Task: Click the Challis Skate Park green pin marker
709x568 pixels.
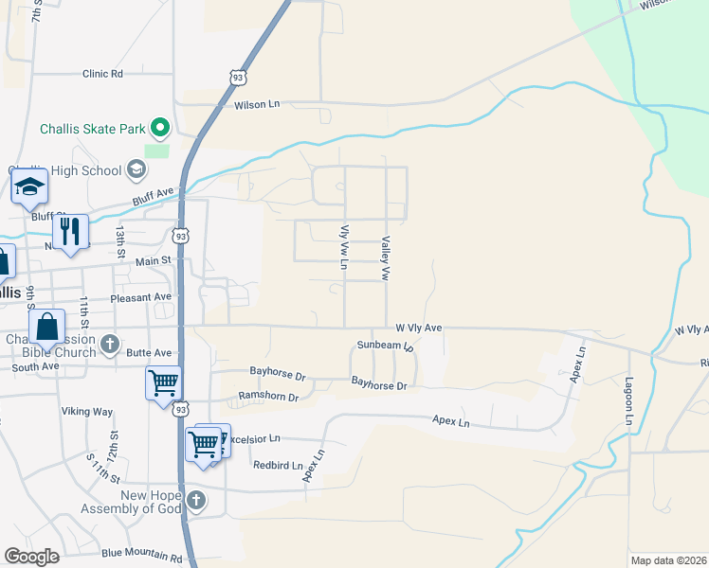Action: click(x=160, y=127)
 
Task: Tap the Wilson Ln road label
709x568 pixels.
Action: click(x=260, y=105)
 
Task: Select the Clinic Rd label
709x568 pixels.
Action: click(x=103, y=73)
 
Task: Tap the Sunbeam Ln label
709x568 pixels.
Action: click(x=386, y=346)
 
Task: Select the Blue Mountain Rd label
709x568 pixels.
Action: click(x=141, y=554)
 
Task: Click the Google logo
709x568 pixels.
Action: click(x=31, y=557)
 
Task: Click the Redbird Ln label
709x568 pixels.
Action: click(x=278, y=465)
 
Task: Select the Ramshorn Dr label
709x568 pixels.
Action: click(x=268, y=397)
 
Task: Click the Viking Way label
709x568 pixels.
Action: click(x=87, y=412)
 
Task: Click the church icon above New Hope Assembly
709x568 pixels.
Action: click(x=195, y=499)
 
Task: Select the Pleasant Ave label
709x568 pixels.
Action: click(x=140, y=296)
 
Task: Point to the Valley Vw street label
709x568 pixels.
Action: click(x=386, y=258)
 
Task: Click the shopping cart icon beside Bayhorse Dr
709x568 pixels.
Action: click(x=163, y=382)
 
